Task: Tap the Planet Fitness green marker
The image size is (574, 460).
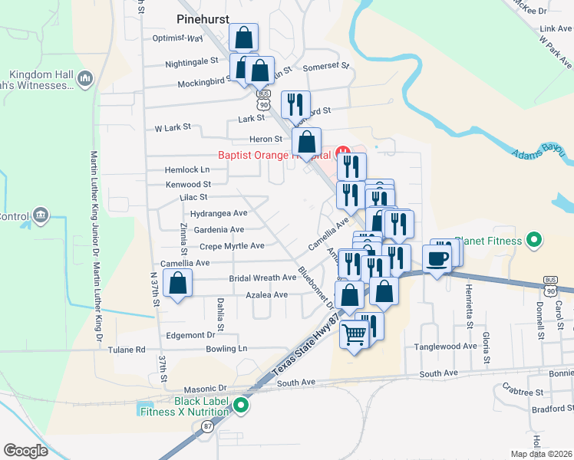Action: pos(536,241)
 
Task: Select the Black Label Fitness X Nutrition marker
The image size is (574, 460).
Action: pos(242,406)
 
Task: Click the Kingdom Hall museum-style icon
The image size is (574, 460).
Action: pos(84,77)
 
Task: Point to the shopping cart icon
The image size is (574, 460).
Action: pos(354,333)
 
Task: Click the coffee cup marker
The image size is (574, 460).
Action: pos(437,258)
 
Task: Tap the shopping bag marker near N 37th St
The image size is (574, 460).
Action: pos(178,284)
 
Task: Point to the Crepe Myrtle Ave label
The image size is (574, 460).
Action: pos(232,246)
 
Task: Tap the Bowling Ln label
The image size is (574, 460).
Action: pos(226,348)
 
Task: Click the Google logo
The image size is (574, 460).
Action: pos(26,451)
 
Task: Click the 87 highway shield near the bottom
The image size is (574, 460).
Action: pos(208,426)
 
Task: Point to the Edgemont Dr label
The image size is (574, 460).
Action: pos(189,335)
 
